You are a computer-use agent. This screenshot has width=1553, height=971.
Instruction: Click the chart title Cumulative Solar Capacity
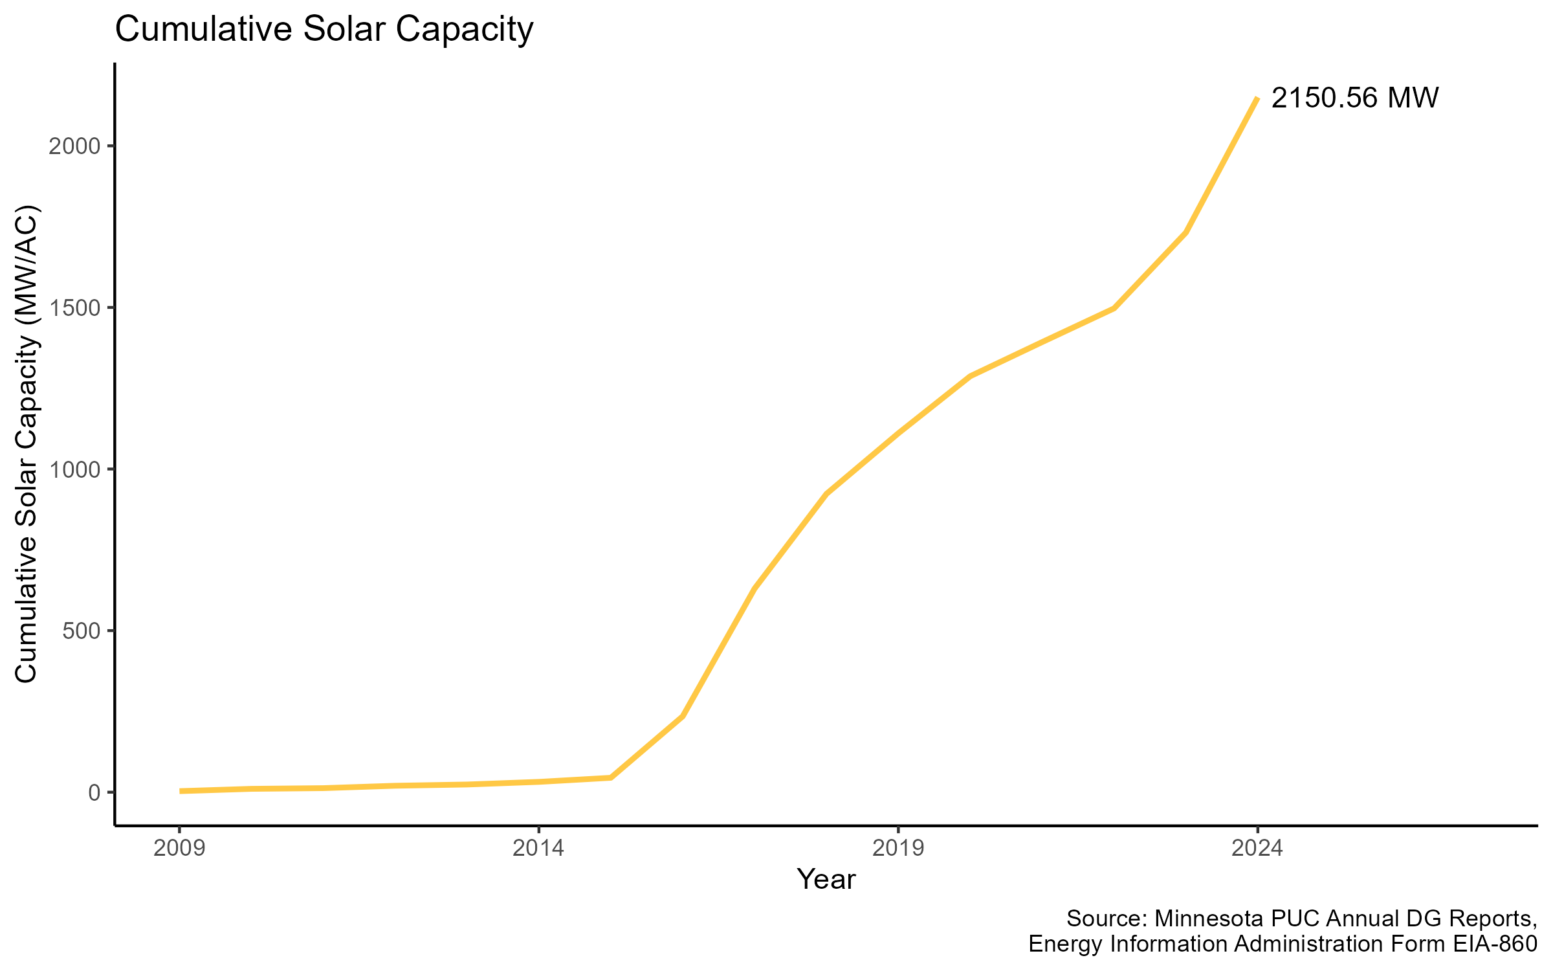tap(324, 30)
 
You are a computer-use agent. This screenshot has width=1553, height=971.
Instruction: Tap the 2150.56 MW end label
tap(1354, 98)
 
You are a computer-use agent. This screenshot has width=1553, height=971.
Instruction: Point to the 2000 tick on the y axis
tap(75, 146)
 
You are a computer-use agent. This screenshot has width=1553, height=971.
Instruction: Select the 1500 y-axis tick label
tap(75, 307)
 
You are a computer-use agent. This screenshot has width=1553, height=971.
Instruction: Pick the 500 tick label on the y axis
tap(82, 631)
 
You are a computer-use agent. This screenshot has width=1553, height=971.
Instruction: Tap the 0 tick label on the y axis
tap(94, 793)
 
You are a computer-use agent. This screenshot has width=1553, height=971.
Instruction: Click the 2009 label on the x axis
tap(179, 848)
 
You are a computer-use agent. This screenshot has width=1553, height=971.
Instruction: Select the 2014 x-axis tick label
tap(538, 848)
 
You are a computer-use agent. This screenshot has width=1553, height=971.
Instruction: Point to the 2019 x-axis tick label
tap(898, 848)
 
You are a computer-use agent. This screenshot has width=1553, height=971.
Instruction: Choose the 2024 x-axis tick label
tap(1257, 848)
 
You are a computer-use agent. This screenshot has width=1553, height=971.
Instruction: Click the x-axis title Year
tap(826, 880)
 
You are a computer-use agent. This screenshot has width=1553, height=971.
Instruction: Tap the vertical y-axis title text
tap(27, 444)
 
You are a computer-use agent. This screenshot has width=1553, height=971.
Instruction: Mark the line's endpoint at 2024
tap(1257, 98)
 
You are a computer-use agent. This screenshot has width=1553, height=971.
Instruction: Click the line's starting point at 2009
tap(181, 791)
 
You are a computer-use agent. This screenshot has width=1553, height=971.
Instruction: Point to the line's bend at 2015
tap(610, 777)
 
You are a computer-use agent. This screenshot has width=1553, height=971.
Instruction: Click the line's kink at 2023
tap(1185, 232)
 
